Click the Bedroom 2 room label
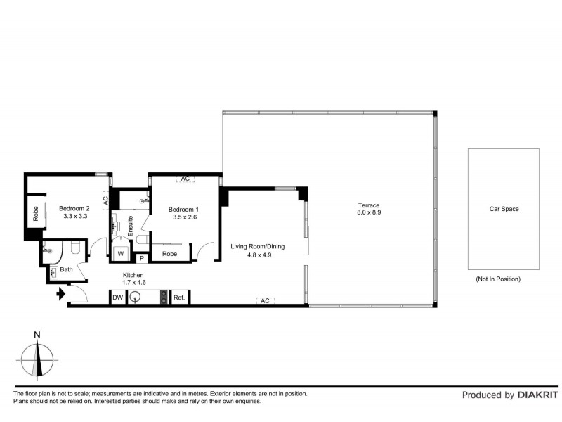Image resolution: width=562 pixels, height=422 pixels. tap(74, 208)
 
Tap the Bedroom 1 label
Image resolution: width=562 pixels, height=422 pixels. tap(184, 209)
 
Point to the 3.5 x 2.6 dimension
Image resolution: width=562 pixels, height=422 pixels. tap(184, 217)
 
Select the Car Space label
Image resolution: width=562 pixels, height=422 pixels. tap(503, 209)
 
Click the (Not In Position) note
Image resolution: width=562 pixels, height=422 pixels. tap(497, 279)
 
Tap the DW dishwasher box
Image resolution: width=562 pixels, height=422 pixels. tap(117, 298)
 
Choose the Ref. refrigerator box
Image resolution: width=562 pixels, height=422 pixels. tap(179, 298)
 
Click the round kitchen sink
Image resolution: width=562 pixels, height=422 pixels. tap(136, 298)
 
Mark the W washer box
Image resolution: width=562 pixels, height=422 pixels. tap(120, 253)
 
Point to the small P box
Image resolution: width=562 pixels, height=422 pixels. tap(141, 259)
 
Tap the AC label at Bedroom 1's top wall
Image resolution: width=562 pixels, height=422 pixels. tap(185, 179)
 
